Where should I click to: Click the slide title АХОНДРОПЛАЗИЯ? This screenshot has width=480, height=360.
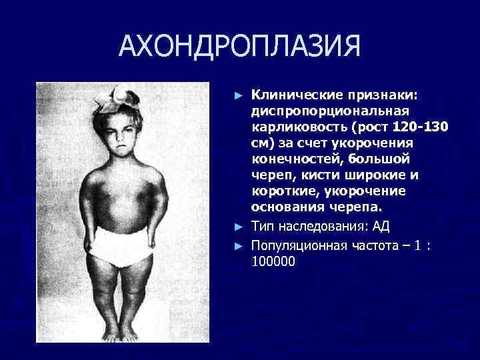point(240,45)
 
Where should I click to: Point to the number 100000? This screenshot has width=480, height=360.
point(273,261)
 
